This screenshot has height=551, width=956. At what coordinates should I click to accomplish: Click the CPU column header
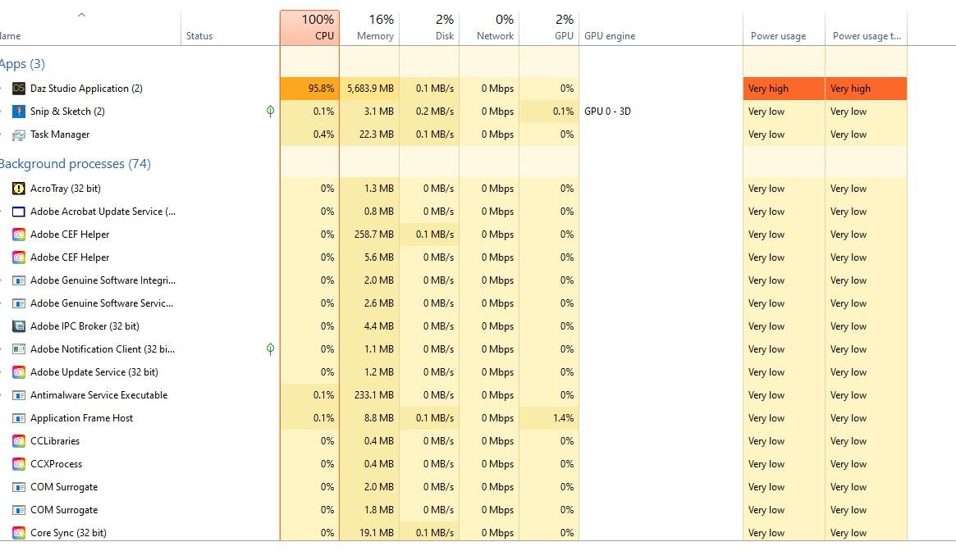(310, 28)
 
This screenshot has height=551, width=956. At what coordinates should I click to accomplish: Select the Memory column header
(370, 28)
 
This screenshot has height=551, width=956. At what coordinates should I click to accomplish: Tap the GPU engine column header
(610, 36)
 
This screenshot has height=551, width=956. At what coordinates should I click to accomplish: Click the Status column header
(199, 36)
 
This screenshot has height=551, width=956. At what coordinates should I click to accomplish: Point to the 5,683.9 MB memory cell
(370, 89)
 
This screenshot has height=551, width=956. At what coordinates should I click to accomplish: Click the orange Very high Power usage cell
(784, 89)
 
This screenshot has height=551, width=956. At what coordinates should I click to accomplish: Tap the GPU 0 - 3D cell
(607, 112)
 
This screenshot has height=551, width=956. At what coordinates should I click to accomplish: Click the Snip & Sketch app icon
(19, 112)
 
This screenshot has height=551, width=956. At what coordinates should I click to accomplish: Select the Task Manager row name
(60, 134)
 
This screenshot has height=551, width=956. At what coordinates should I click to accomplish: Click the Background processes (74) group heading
(75, 164)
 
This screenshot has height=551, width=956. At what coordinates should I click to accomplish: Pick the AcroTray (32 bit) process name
(66, 189)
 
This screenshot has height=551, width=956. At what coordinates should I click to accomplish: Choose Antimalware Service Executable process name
(98, 395)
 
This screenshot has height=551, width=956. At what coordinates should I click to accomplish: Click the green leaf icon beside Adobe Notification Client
(270, 349)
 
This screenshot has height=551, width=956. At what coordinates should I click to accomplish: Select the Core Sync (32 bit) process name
(68, 533)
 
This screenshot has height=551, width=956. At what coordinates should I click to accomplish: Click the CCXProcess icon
(19, 464)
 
